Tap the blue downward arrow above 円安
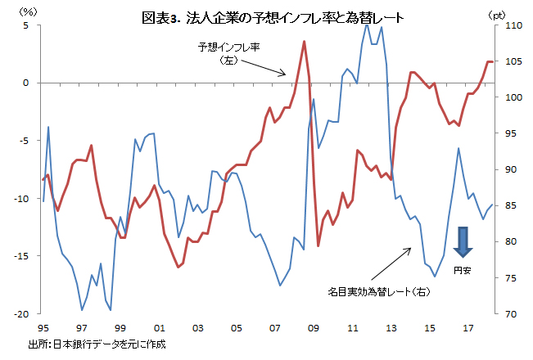click(463, 242)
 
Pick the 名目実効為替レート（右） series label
click(379, 290)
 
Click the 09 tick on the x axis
click(313, 328)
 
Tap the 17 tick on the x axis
click(468, 328)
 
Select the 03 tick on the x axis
click(196, 328)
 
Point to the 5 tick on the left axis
click(27, 25)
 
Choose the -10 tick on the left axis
click(24, 199)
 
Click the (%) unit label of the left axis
click(27, 11)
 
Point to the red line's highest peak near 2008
click(304, 41)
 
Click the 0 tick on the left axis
click(27, 83)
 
